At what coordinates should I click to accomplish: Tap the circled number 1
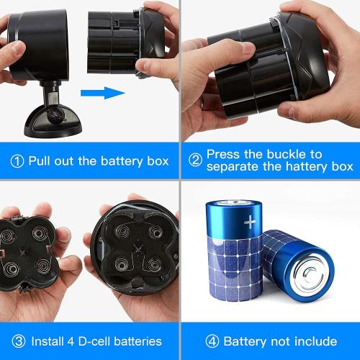(17, 161)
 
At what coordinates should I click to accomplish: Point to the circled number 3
(17, 341)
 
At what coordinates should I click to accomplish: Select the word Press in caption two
(224, 154)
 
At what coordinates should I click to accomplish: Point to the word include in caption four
(314, 341)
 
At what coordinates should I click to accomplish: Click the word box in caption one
(156, 161)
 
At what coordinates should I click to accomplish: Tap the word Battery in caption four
(244, 341)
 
